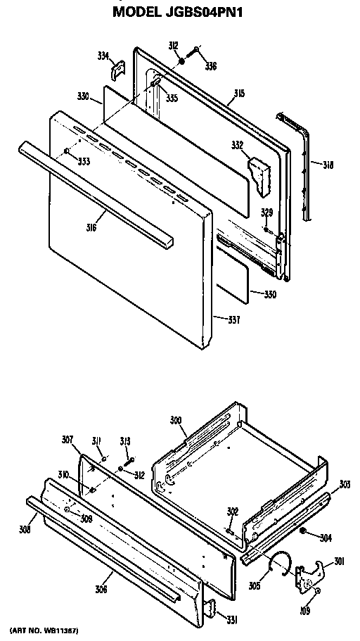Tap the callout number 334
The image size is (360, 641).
tap(102, 56)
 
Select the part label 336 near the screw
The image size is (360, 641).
tap(211, 68)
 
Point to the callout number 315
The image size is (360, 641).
tap(239, 94)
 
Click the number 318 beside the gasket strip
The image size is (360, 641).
tap(328, 165)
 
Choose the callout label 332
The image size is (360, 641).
tap(237, 145)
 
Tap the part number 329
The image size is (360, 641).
tap(266, 212)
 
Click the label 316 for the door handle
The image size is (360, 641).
tap(91, 228)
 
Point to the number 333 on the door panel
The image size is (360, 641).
tap(84, 161)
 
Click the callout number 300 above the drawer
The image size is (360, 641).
tap(176, 420)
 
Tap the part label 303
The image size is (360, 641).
tap(345, 484)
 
